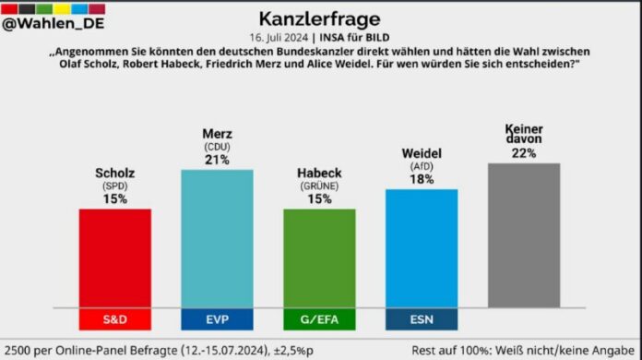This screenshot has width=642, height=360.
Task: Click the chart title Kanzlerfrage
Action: (321, 18)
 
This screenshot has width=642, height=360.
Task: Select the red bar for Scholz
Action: (115, 258)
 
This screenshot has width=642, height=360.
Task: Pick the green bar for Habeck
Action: (319, 258)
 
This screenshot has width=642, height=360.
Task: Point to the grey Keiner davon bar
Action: (523, 235)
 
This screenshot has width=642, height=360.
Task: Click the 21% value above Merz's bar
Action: (218, 160)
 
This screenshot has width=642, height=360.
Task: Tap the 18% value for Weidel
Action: (421, 179)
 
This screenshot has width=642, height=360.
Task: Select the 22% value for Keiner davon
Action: (523, 153)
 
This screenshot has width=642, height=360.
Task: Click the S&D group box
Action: (115, 319)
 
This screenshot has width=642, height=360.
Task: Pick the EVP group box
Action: (218, 319)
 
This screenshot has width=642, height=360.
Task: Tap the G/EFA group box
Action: (319, 319)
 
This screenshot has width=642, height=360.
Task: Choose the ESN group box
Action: (421, 319)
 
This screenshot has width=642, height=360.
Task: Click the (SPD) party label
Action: (115, 186)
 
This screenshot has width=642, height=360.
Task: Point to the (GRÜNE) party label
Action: (319, 186)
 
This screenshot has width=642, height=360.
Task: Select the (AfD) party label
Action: (421, 166)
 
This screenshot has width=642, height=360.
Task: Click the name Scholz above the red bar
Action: (115, 174)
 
